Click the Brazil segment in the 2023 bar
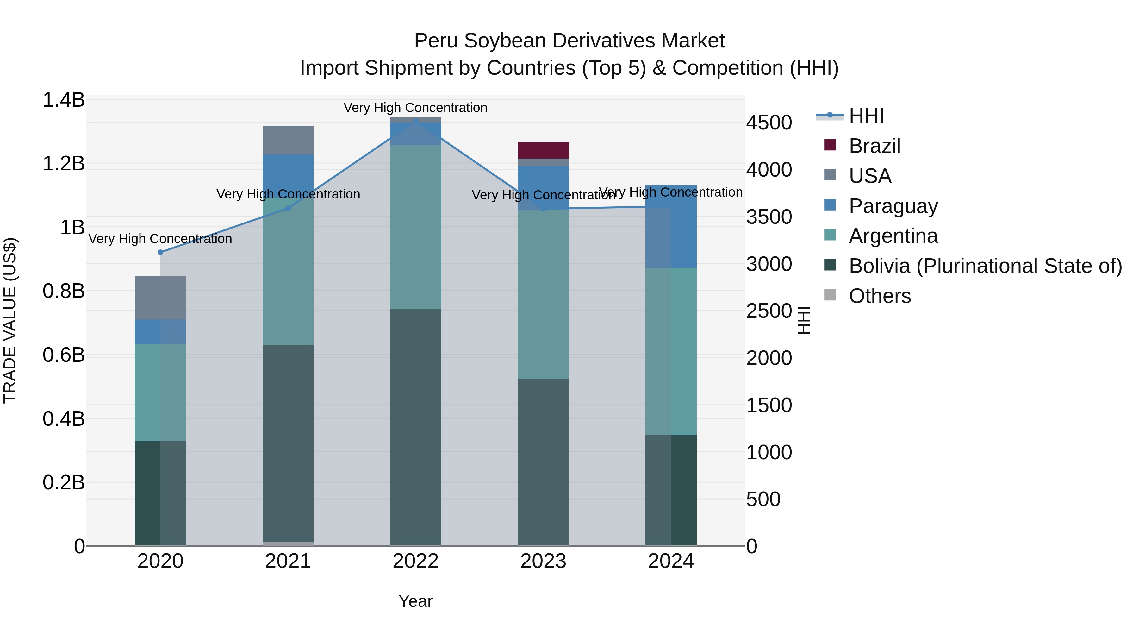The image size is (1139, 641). [x=543, y=150]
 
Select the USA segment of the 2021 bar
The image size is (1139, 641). [x=288, y=140]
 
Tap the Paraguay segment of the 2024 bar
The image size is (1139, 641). [x=671, y=227]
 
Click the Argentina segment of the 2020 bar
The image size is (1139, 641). [x=160, y=393]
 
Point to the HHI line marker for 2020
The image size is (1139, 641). [x=160, y=252]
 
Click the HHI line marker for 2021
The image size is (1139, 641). [x=288, y=208]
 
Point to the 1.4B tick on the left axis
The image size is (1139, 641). [x=63, y=100]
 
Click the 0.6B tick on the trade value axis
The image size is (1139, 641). [x=63, y=355]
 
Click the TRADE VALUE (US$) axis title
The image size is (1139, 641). [x=10, y=320]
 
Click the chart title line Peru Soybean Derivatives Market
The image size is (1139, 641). [x=569, y=41]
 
